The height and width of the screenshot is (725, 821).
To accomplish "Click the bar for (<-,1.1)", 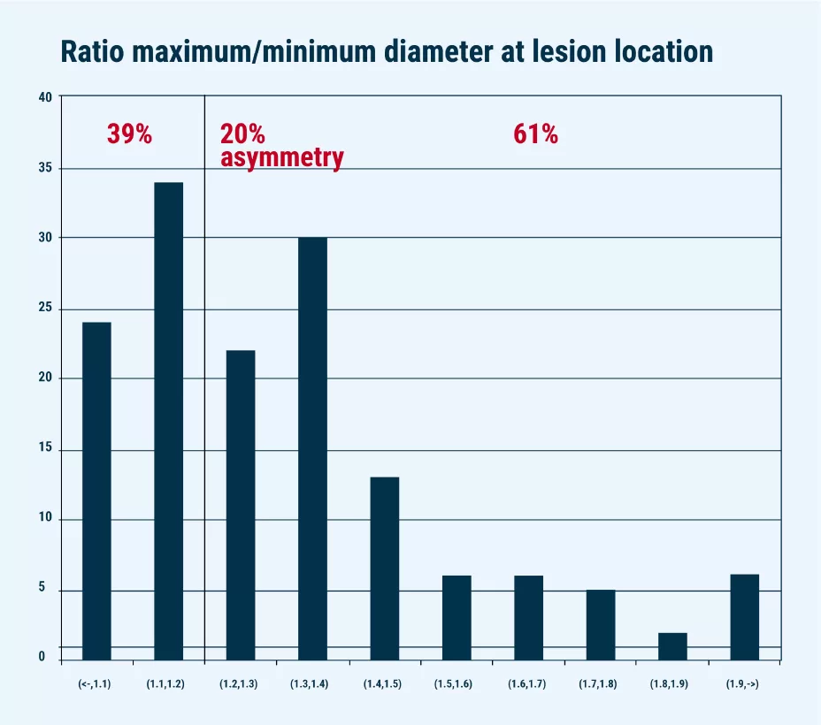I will pos(96,491).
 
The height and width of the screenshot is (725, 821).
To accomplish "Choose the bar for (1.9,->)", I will pos(744,617).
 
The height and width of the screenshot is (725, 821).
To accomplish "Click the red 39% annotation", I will pos(129,134).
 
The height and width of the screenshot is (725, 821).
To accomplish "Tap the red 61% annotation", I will pos(535,134).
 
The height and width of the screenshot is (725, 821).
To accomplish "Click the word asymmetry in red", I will pos(281,158).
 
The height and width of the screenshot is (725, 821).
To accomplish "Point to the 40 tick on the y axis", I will pos(45,96).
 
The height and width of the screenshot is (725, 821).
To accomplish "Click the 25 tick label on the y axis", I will pos(45,309).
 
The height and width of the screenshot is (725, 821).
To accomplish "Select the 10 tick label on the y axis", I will pos(45,519).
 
